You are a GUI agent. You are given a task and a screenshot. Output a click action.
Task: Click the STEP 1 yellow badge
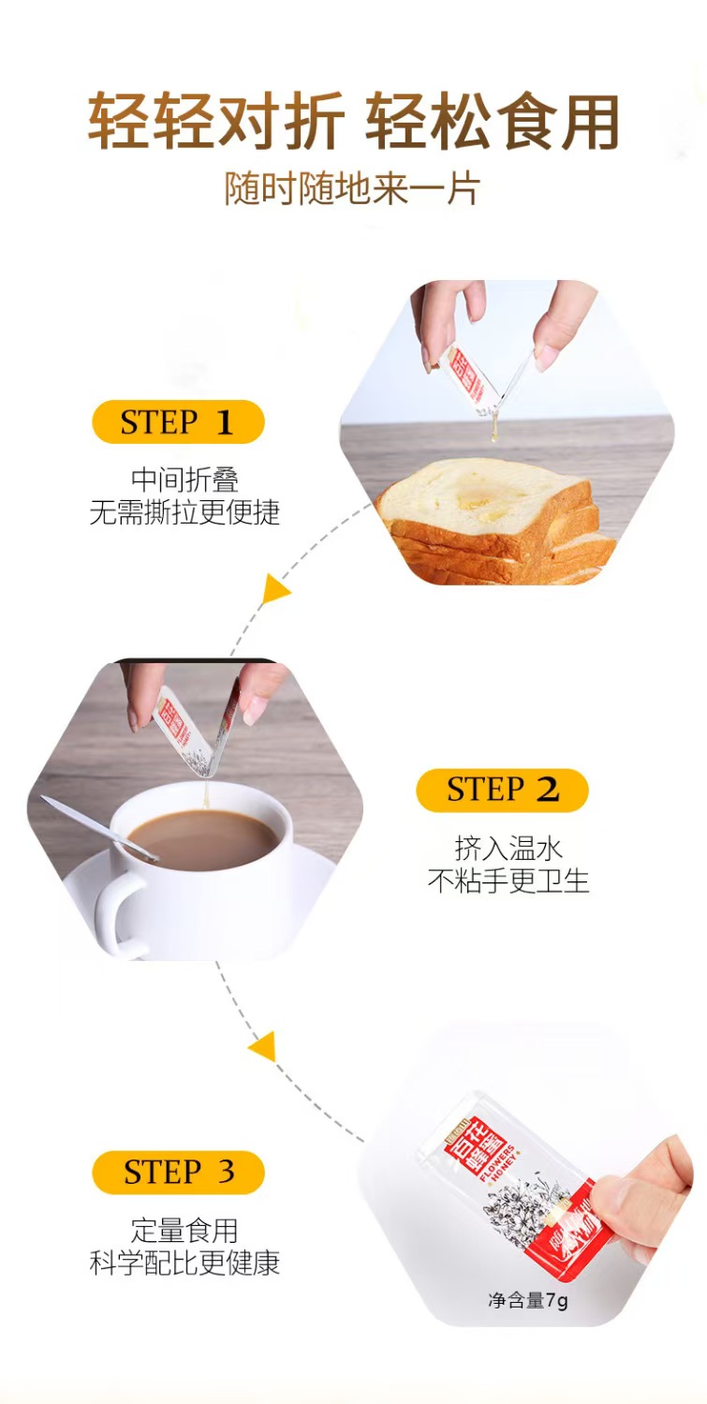(178, 422)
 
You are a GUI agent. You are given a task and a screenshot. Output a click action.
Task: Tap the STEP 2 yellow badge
(502, 790)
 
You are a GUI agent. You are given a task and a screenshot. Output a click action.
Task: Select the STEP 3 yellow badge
(178, 1172)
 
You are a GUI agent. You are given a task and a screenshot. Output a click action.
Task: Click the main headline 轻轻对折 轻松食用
(353, 123)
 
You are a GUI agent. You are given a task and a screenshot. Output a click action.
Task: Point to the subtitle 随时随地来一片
(352, 188)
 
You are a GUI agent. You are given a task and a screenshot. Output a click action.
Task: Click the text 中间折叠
(184, 480)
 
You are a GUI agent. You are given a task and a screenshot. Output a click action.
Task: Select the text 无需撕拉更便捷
(184, 512)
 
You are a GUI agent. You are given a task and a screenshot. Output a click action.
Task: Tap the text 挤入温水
(508, 848)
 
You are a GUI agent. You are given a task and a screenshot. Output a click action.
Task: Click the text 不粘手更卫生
(508, 880)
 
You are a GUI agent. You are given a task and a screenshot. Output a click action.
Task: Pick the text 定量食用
(184, 1229)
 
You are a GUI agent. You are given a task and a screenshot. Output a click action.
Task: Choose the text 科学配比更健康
(184, 1262)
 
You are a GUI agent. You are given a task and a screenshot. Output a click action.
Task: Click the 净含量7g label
(527, 1300)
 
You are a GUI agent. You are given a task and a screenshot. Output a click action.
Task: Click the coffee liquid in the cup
(202, 837)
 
